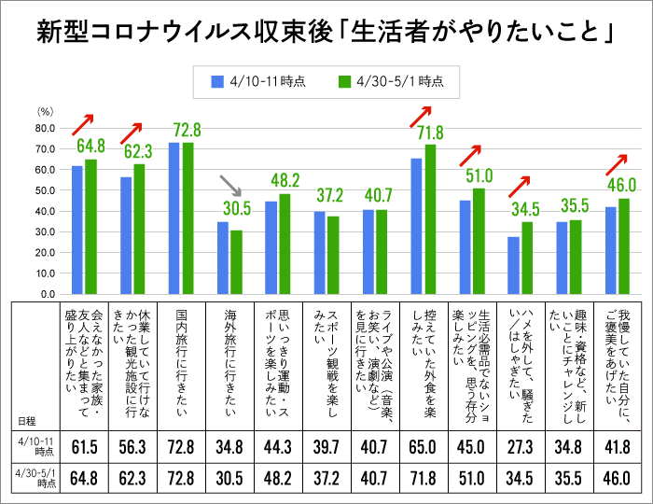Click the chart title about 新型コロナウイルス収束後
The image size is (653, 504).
326,33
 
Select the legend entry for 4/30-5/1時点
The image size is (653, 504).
390,81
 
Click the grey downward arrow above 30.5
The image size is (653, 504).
229,187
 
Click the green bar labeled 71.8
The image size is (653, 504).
430,219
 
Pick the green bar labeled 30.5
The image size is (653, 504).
236,262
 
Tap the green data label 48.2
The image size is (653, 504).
285,180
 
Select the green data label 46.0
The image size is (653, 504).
621,185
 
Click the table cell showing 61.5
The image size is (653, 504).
84,441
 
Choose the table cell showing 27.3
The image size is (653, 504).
520,441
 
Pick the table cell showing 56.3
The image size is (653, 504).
132,441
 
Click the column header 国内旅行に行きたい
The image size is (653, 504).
180,355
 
